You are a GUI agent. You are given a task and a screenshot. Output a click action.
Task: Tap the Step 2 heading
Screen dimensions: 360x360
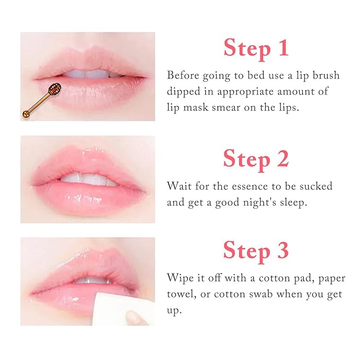click(256, 158)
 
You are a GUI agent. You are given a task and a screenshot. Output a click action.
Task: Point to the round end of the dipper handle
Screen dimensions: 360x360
click(25, 113)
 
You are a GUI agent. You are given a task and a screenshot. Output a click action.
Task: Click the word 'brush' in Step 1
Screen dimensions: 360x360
click(324, 75)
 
